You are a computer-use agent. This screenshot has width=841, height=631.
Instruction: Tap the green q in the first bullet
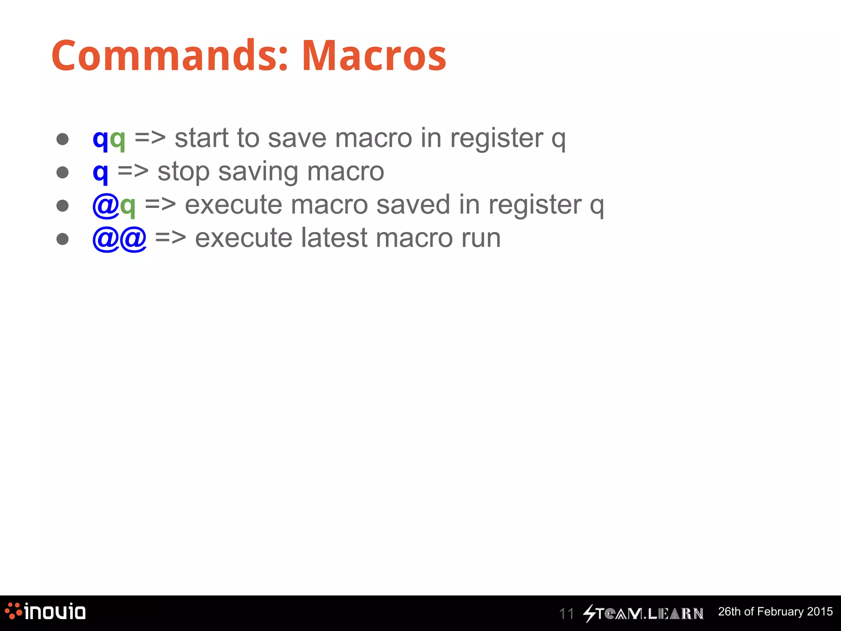coord(117,140)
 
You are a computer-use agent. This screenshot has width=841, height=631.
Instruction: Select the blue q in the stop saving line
coord(101,173)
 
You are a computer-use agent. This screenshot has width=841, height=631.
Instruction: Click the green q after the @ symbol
coord(128,206)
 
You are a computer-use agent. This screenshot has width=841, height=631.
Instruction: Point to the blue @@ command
coord(119,239)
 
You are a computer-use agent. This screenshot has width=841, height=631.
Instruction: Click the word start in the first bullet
coord(201,138)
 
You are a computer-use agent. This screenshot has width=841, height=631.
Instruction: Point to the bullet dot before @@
coord(62,239)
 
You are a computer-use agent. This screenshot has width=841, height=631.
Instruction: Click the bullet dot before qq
coord(62,139)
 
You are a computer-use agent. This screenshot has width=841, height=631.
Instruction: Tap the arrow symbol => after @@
coord(170,238)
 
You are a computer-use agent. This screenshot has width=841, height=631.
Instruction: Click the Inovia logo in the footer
coord(45,612)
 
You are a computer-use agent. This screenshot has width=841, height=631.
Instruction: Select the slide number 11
coord(566,614)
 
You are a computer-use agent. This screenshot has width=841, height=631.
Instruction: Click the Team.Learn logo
coord(643,613)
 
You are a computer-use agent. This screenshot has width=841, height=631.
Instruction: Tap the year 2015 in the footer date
coord(820,612)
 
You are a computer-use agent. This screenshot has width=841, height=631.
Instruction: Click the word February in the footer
coord(780,612)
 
